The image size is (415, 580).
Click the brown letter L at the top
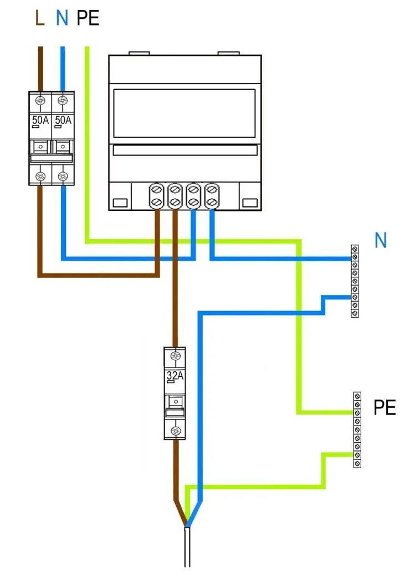pyautogui.click(x=39, y=19)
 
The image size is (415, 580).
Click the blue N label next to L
pyautogui.click(x=62, y=19)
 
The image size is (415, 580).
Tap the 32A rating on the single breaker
pyautogui.click(x=176, y=377)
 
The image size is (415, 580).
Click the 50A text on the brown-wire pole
pyautogui.click(x=40, y=120)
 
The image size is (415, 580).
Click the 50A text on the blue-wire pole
pyautogui.click(x=63, y=120)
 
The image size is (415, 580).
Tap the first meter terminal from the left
pyautogui.click(x=157, y=196)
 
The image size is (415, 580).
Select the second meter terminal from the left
pyautogui.click(x=175, y=196)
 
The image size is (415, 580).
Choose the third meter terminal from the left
pyautogui.click(x=193, y=196)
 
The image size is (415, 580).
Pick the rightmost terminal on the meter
pyautogui.click(x=211, y=196)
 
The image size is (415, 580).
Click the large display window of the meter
pyautogui.click(x=185, y=113)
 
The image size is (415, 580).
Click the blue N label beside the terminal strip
pyautogui.click(x=381, y=241)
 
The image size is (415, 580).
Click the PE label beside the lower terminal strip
pyautogui.click(x=385, y=408)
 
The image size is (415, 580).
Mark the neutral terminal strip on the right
pyautogui.click(x=355, y=281)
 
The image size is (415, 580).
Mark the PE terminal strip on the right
pyautogui.click(x=357, y=429)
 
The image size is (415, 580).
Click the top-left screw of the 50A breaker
pyautogui.click(x=40, y=101)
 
